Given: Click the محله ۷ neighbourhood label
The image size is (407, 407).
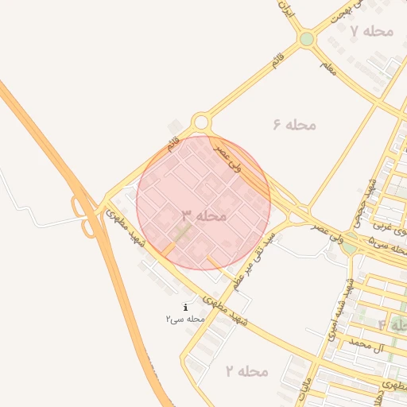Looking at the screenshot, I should (372, 31).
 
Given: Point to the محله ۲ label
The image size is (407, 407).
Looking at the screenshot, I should (246, 371).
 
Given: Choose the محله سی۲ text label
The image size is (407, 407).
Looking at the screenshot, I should (185, 319).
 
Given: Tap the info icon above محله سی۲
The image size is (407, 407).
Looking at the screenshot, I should (185, 307).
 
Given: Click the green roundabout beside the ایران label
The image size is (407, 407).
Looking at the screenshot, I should (307, 39).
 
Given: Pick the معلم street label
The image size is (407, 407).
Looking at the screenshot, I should (327, 68).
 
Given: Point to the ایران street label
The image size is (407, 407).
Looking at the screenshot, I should (286, 12).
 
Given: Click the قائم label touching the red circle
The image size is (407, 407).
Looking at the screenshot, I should (172, 145).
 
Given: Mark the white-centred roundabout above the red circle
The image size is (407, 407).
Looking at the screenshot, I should (200, 122).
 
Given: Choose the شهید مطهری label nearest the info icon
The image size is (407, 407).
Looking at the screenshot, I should (226, 310).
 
